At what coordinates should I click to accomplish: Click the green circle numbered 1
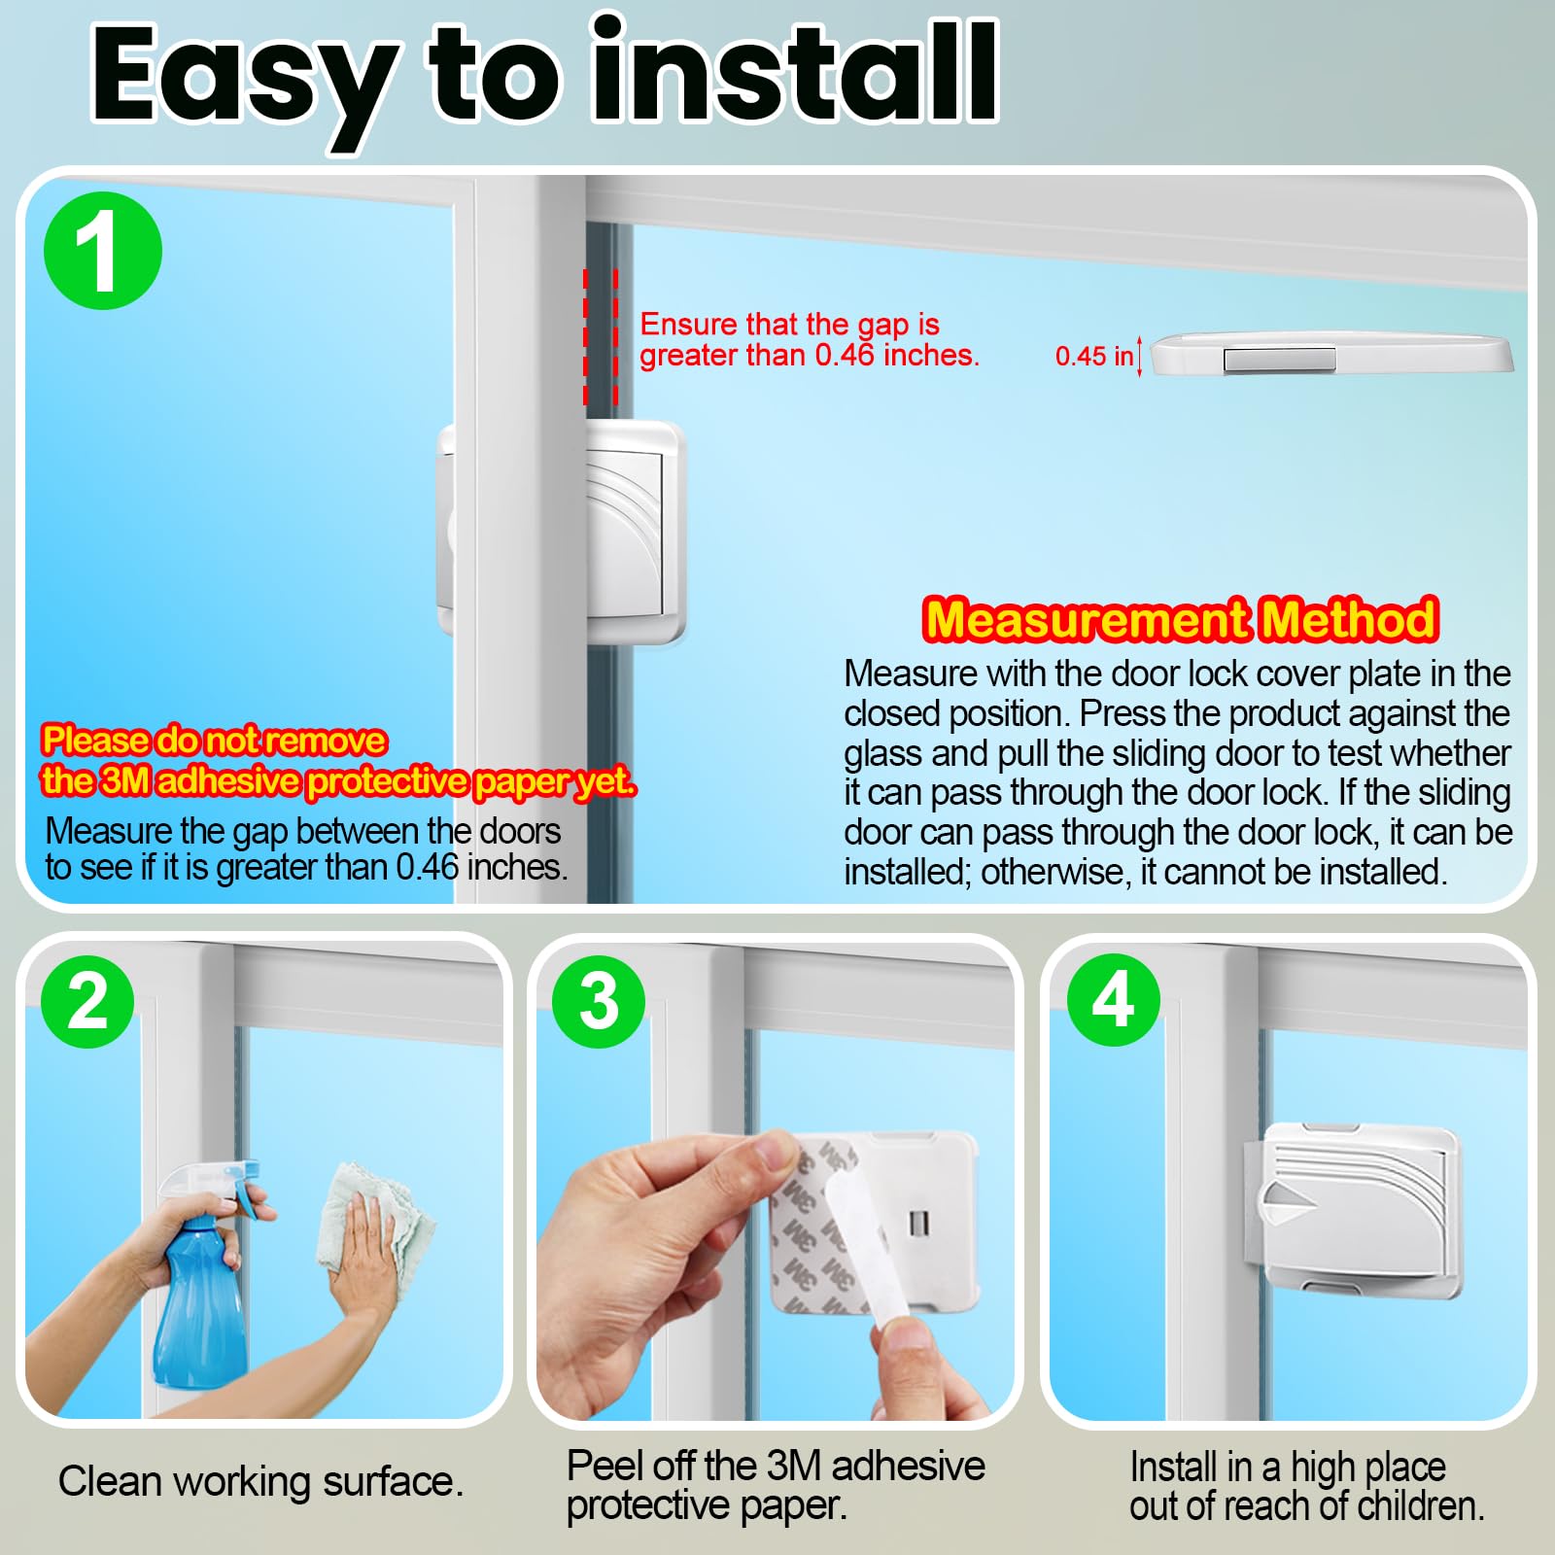pyautogui.click(x=103, y=251)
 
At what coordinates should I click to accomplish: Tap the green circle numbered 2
pyautogui.click(x=87, y=1001)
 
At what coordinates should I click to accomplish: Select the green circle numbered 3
pyautogui.click(x=599, y=1001)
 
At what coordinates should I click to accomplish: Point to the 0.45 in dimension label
pyautogui.click(x=1094, y=356)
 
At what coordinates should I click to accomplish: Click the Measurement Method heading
pyautogui.click(x=1180, y=620)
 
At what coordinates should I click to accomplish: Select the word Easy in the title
pyautogui.click(x=243, y=78)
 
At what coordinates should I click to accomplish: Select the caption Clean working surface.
pyautogui.click(x=260, y=1482)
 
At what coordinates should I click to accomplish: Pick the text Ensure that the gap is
pyautogui.click(x=789, y=324)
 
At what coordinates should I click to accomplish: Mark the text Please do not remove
pyautogui.click(x=214, y=741)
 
